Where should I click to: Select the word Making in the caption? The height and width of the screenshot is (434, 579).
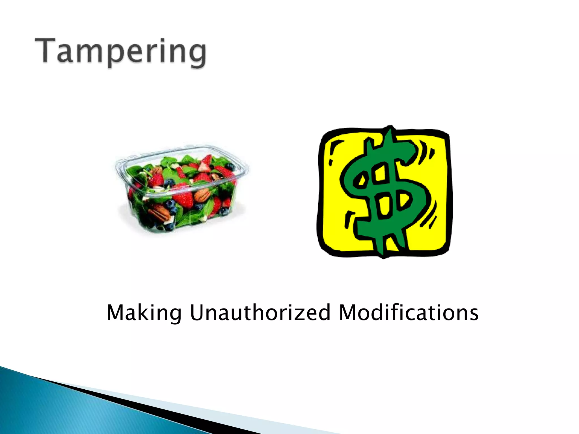click(144, 313)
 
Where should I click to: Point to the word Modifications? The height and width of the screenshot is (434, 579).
click(409, 313)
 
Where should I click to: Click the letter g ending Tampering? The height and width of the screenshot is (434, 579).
click(196, 55)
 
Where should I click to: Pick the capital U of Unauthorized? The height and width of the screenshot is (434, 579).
click(197, 313)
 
